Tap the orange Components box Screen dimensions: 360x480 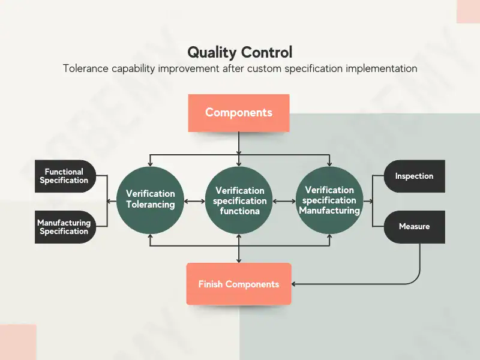click(x=239, y=112)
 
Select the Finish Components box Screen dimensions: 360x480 click(x=239, y=284)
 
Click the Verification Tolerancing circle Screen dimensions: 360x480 click(x=150, y=200)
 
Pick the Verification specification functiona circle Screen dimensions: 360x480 click(x=239, y=200)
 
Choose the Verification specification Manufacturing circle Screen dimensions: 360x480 click(x=329, y=200)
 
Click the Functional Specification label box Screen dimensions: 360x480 click(x=64, y=176)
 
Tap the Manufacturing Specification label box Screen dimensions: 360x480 click(x=64, y=227)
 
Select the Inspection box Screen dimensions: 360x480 click(x=414, y=176)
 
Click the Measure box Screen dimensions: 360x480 click(x=414, y=227)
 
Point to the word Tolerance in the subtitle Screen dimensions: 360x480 click(x=85, y=68)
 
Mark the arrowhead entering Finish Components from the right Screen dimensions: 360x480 click(x=295, y=284)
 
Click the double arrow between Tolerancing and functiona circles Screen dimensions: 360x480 click(x=195, y=200)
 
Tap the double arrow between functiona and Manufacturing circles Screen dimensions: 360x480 click(x=284, y=200)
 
